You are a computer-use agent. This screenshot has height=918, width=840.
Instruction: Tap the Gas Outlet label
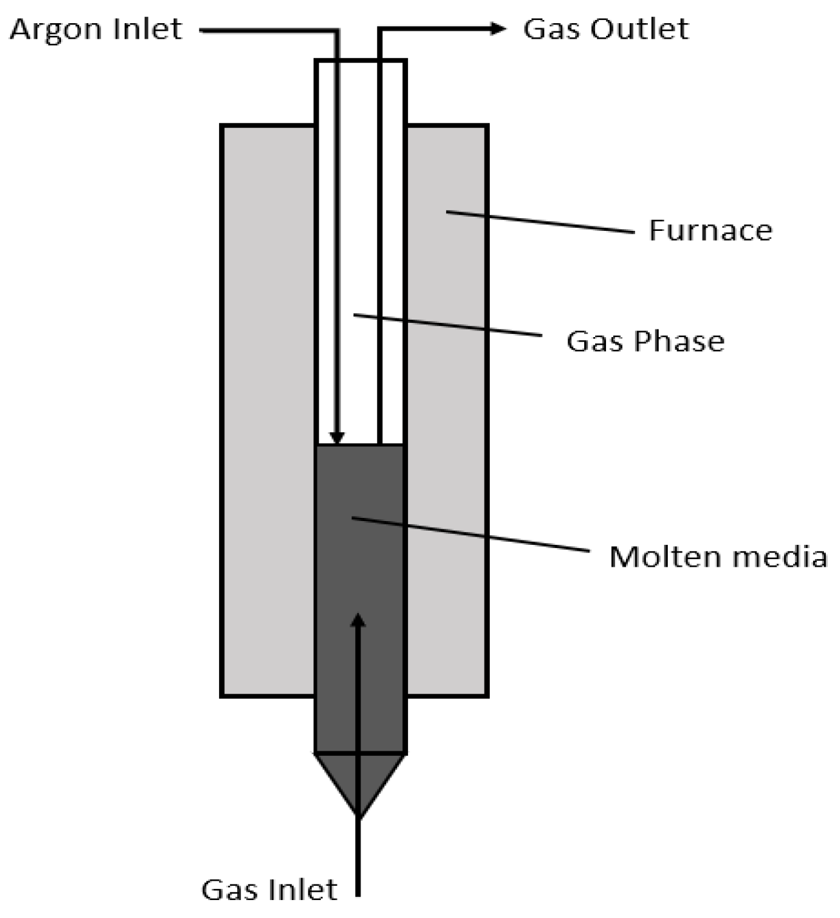tap(605, 30)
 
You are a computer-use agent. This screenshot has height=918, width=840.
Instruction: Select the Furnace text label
tap(710, 230)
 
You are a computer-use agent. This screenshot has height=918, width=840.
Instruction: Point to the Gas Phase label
tap(645, 341)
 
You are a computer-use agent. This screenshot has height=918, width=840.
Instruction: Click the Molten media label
tap(717, 556)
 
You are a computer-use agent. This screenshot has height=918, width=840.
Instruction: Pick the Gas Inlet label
tap(269, 890)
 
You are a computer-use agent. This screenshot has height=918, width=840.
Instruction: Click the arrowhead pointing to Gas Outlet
tap(498, 28)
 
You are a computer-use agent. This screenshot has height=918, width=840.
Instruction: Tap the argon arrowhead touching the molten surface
tap(337, 437)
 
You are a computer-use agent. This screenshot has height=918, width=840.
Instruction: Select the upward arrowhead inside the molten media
tap(358, 620)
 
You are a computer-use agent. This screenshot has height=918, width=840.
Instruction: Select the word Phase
tap(679, 341)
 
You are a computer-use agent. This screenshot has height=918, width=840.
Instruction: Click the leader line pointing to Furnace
tap(540, 221)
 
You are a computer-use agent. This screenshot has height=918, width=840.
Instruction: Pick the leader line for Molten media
tap(469, 534)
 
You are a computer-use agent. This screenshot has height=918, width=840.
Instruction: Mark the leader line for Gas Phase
tap(447, 325)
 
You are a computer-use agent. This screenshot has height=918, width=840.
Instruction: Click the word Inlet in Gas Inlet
tap(304, 890)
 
